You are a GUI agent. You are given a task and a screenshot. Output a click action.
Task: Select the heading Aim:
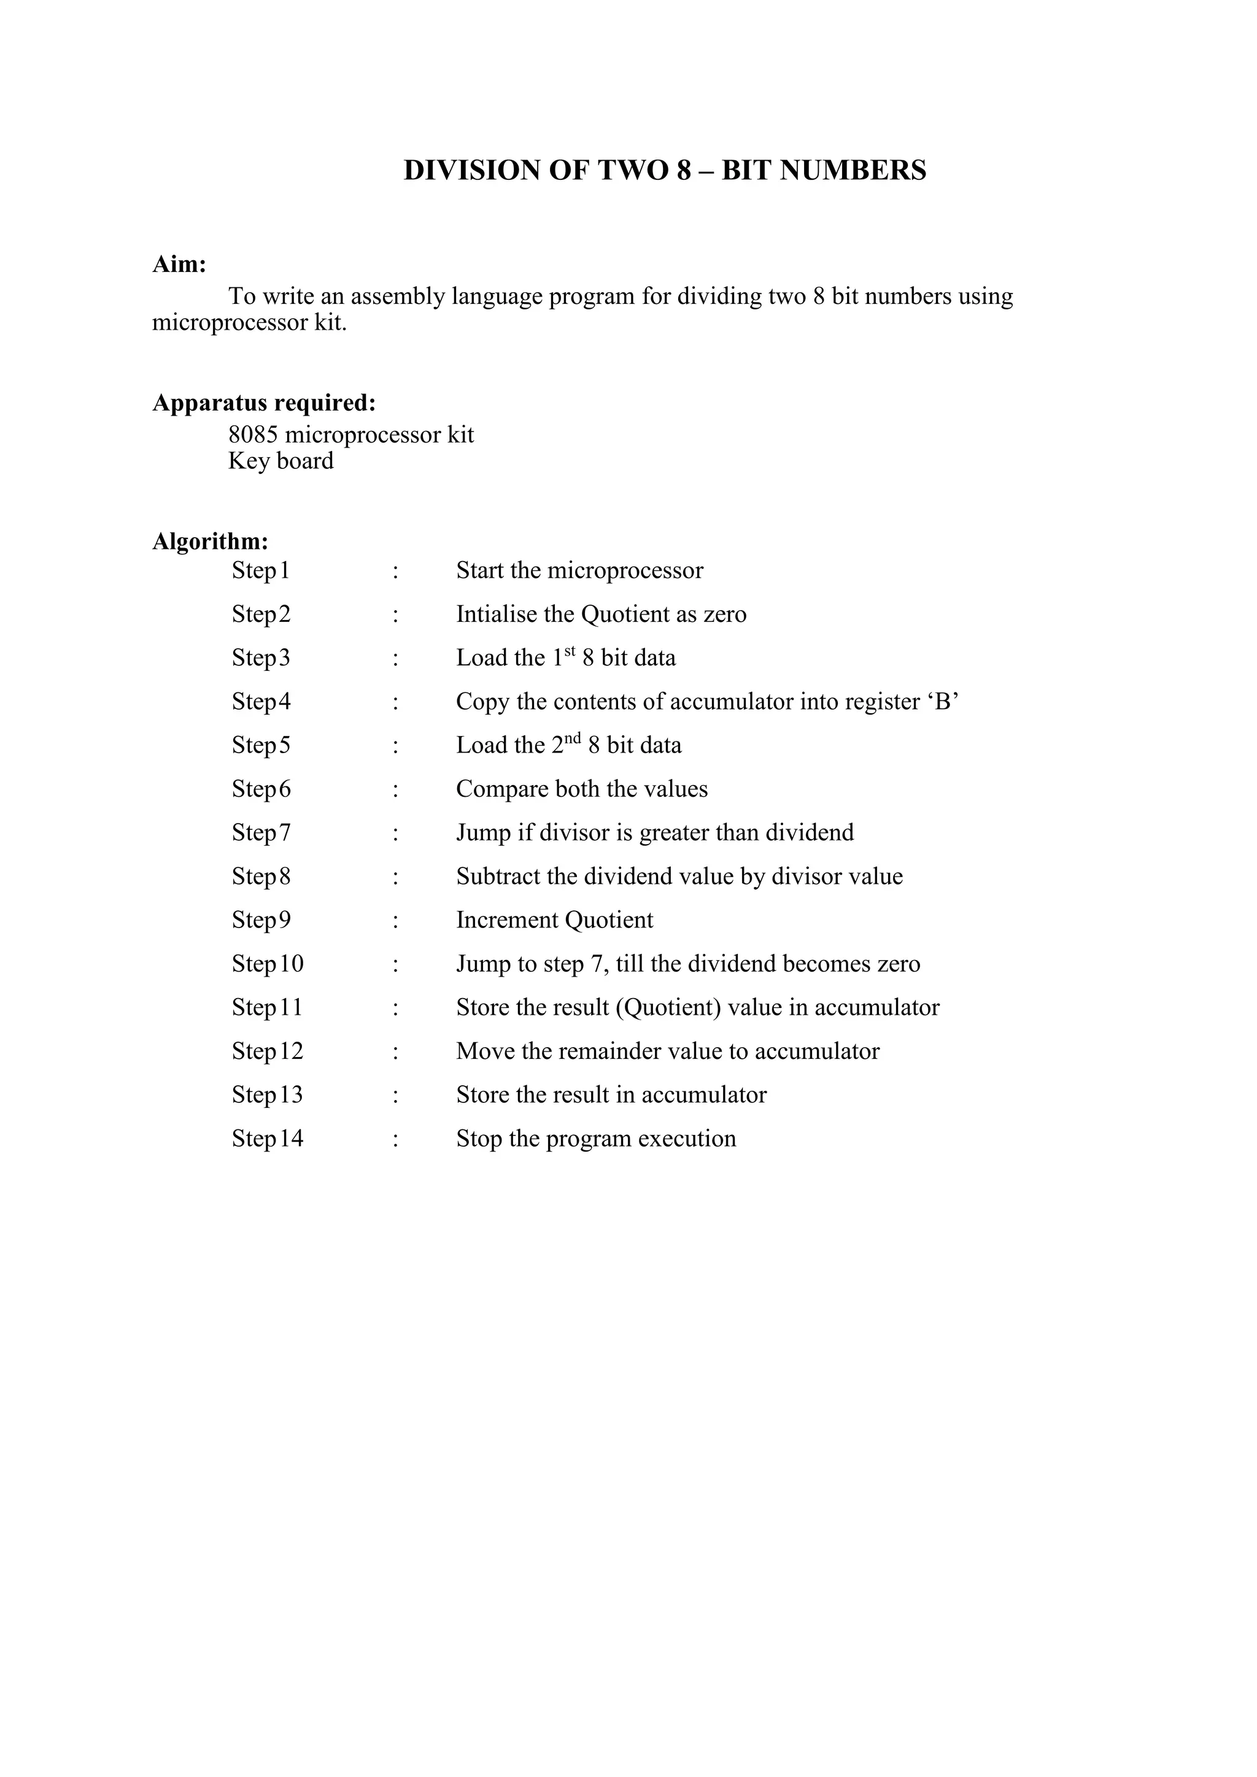pos(179,265)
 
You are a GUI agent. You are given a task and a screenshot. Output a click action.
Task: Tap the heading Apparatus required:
pos(264,403)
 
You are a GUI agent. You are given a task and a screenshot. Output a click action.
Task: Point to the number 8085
pos(253,435)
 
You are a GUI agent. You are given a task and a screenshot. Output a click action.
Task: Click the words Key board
pos(280,461)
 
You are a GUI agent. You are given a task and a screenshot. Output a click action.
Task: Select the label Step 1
pos(260,571)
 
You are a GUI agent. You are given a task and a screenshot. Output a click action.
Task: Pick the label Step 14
pos(267,1139)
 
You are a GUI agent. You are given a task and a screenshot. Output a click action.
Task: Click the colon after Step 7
pos(395,834)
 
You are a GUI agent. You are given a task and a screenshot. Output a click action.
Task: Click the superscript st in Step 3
pos(570,652)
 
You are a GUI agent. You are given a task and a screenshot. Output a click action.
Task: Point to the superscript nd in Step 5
pos(573,739)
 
